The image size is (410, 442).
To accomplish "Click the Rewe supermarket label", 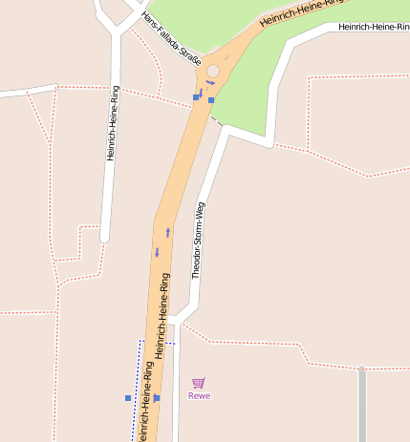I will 199,396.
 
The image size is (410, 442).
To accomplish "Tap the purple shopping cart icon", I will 199,383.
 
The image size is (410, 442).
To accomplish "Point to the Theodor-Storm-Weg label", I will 199,240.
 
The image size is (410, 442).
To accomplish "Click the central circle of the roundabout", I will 212,72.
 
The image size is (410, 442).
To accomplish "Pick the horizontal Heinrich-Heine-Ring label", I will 374,27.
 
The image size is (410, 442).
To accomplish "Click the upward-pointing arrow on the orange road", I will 168,231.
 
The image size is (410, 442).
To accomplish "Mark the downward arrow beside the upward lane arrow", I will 158,252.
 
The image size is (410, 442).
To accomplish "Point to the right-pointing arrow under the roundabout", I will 209,83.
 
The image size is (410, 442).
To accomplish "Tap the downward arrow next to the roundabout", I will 201,92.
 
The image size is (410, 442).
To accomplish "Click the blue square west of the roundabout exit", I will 196,97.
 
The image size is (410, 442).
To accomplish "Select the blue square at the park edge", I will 211,99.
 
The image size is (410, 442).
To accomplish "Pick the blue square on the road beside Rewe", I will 157,397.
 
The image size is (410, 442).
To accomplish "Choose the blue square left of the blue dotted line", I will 127,397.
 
